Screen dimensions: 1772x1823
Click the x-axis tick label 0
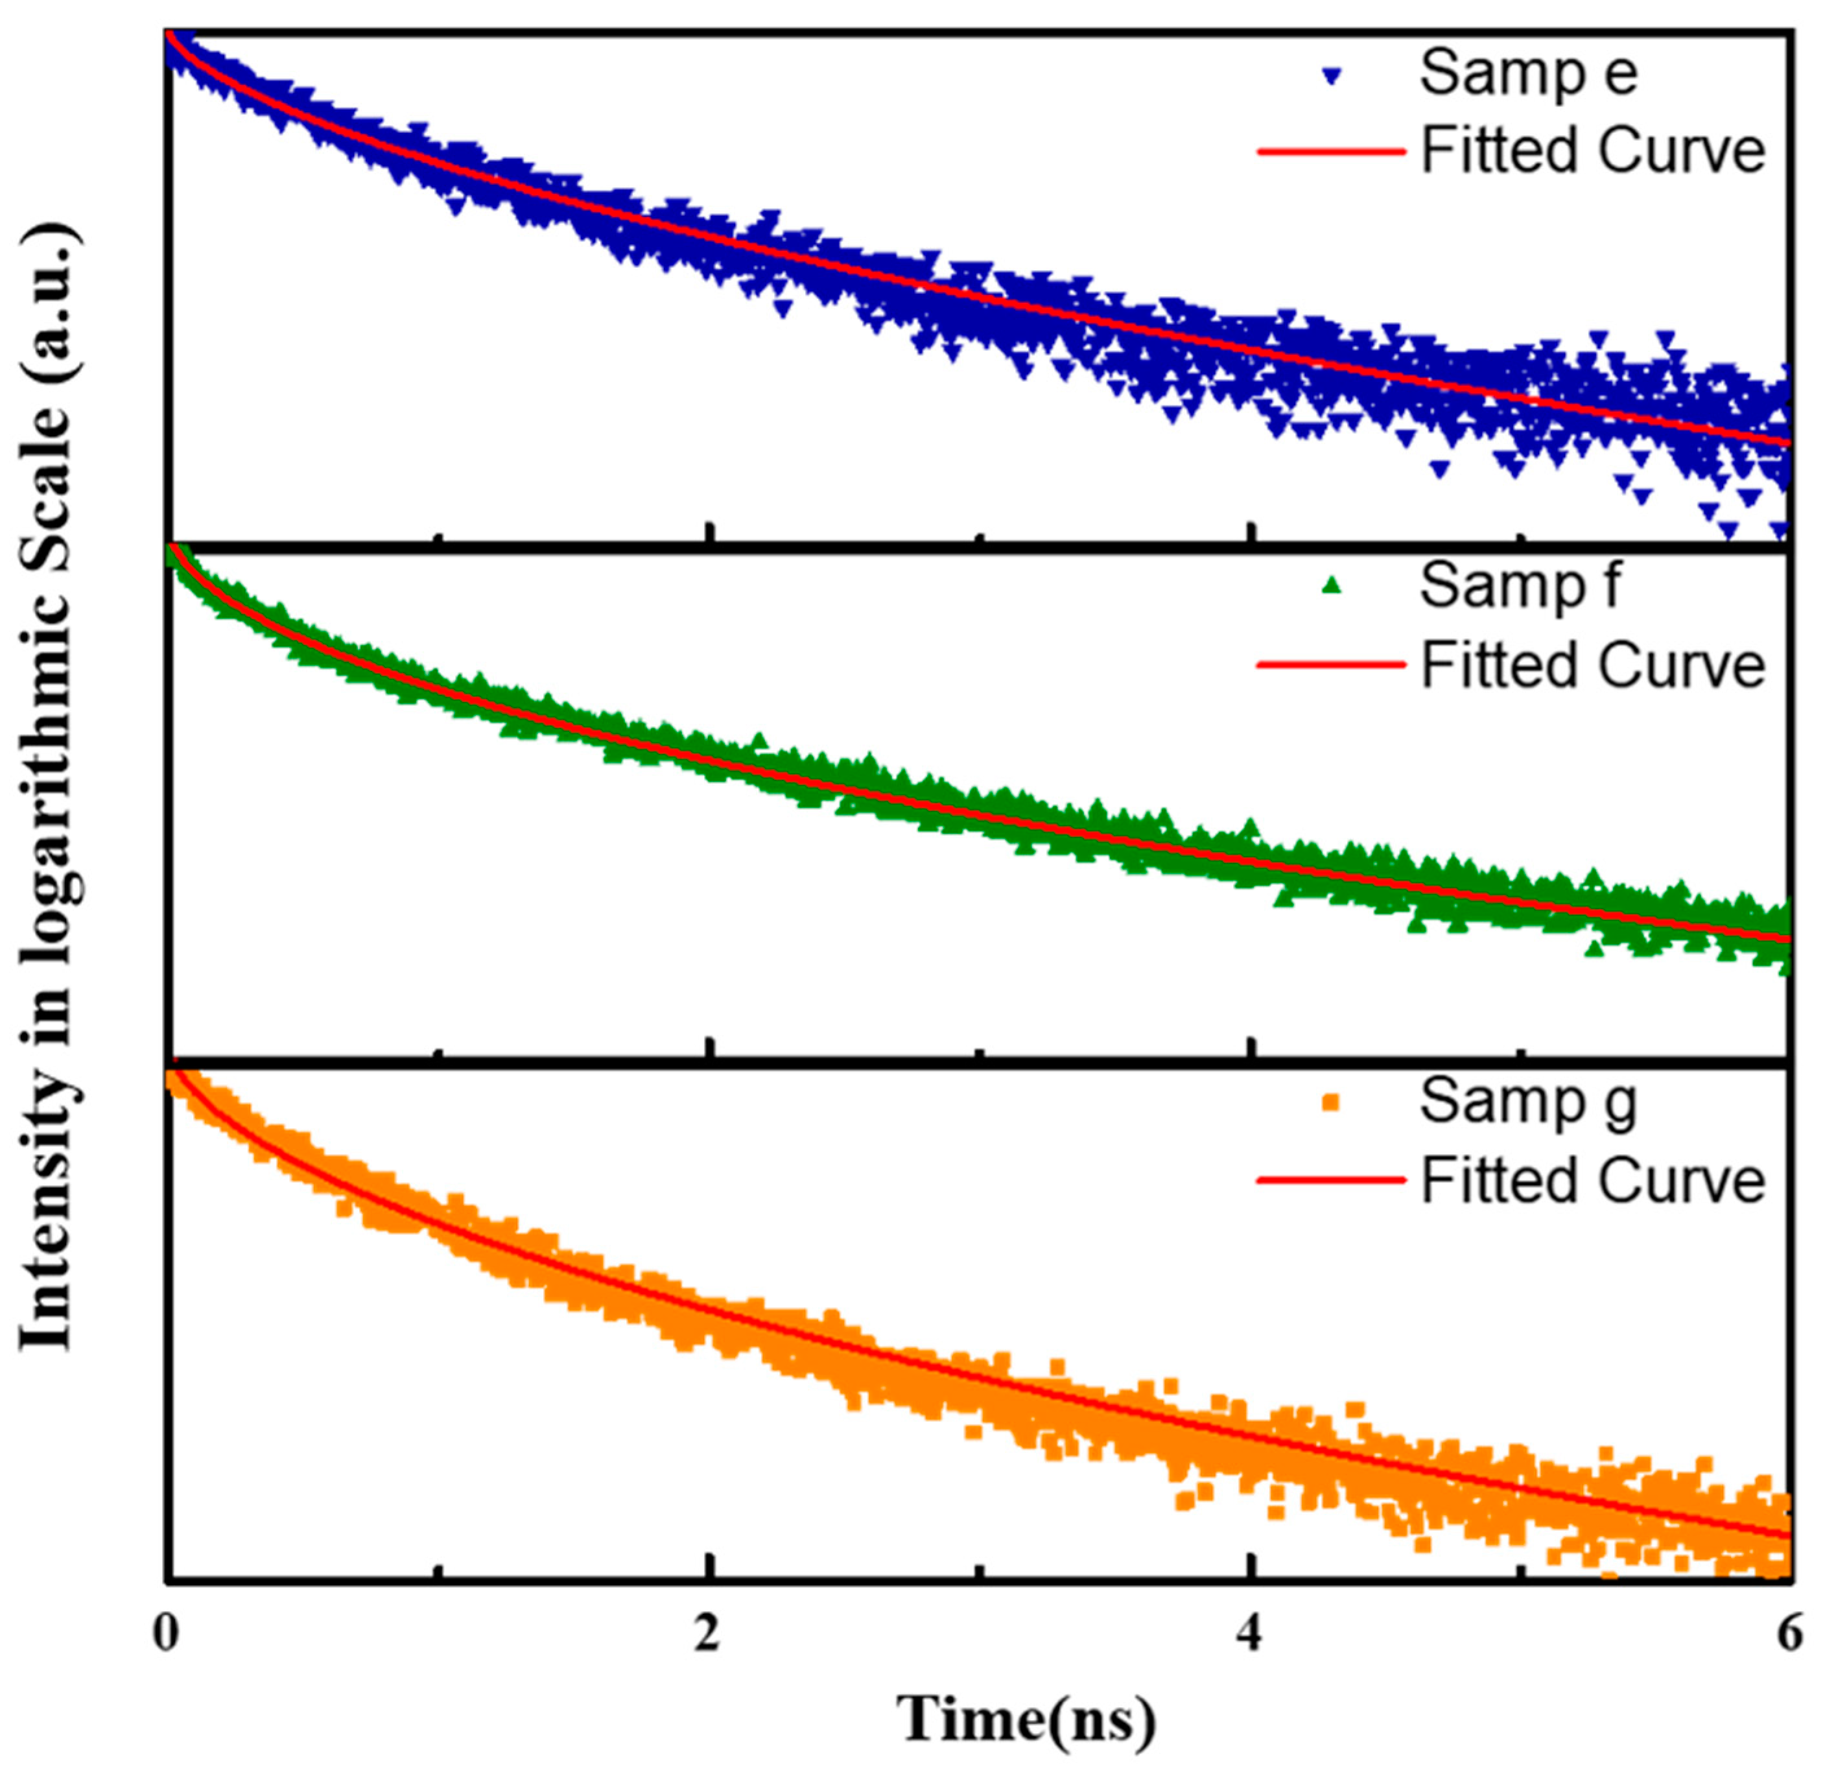166,1636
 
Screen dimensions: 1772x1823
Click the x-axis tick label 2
709,1636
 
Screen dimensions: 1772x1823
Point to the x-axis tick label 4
1252,1636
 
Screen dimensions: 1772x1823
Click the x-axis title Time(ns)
1028,1721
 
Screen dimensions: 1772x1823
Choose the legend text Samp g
1528,1104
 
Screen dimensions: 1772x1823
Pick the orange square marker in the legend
1332,1103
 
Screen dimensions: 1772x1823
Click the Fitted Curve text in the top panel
1592,151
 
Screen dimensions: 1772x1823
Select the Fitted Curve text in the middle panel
1592,665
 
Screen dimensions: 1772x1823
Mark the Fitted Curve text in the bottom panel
1592,1181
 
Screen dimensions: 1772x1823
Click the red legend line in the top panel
1332,151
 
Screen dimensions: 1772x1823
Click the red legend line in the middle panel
1332,665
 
